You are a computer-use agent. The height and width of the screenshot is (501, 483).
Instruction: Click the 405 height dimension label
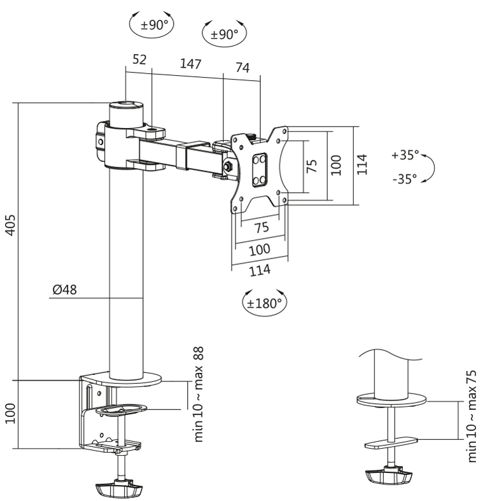click(11, 225)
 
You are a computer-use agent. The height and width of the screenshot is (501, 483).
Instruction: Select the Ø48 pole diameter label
click(64, 290)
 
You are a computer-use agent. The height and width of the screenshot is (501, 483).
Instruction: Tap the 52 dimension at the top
click(139, 59)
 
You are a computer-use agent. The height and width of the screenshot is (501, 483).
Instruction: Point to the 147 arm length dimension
click(191, 64)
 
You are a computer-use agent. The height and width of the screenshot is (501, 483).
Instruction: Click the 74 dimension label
click(242, 67)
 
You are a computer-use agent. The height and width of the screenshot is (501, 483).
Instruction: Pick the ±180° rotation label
click(265, 303)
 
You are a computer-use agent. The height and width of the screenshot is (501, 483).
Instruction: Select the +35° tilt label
click(405, 155)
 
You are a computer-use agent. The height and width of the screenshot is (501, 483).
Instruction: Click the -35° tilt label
click(405, 179)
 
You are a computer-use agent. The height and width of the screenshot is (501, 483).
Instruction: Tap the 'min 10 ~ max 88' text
click(199, 394)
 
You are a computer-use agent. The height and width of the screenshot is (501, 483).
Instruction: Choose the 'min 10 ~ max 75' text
click(472, 416)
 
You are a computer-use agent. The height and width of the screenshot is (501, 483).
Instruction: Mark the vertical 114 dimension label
click(362, 164)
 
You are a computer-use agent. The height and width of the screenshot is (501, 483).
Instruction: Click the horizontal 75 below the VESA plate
click(262, 227)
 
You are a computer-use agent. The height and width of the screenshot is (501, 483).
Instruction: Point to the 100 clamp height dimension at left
click(11, 413)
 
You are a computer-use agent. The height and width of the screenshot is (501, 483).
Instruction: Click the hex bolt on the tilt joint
click(227, 166)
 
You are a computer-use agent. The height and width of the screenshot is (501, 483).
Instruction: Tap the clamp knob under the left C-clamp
click(119, 488)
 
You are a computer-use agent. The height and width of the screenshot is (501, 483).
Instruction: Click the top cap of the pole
click(126, 104)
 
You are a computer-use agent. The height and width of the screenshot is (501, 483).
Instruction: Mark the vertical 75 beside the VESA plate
click(311, 166)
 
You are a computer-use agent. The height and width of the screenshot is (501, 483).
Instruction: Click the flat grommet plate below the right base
click(391, 443)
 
